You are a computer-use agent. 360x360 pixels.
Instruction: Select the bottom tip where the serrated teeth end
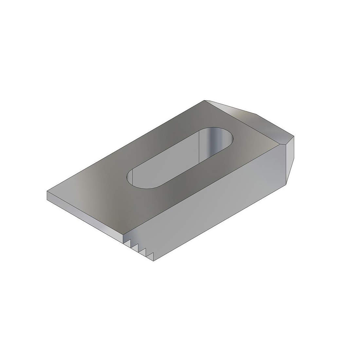click(x=154, y=261)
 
